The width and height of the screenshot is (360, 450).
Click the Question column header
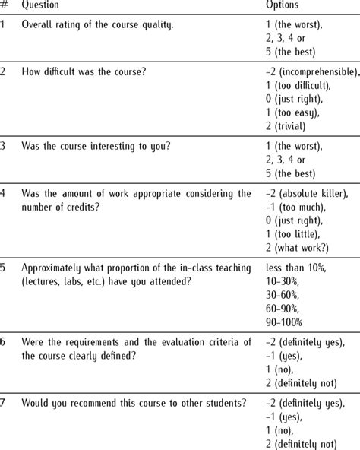(42, 5)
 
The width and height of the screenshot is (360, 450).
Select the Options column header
(282, 5)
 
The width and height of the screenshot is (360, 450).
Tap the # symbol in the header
(5, 5)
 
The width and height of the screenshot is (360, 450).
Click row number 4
(5, 194)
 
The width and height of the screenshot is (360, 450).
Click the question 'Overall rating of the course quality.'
(97, 25)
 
